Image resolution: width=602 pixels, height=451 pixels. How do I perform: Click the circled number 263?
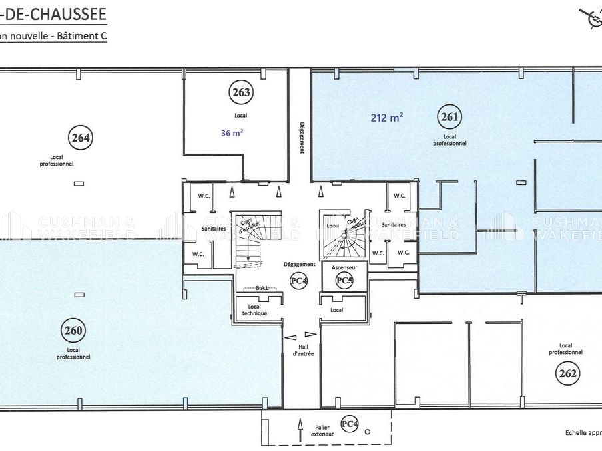pyautogui.click(x=241, y=92)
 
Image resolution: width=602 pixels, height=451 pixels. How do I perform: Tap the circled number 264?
pyautogui.click(x=81, y=138)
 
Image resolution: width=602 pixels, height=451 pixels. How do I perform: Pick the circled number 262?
pyautogui.click(x=567, y=373)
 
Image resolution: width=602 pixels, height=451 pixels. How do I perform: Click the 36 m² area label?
pyautogui.click(x=232, y=133)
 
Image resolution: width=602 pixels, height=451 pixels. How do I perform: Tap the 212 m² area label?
pyautogui.click(x=387, y=118)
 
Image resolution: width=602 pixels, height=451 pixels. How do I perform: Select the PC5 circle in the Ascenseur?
pyautogui.click(x=344, y=281)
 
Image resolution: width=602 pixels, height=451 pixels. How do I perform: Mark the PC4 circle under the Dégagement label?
pyautogui.click(x=299, y=281)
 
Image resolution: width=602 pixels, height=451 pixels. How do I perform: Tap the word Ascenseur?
pyautogui.click(x=344, y=267)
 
